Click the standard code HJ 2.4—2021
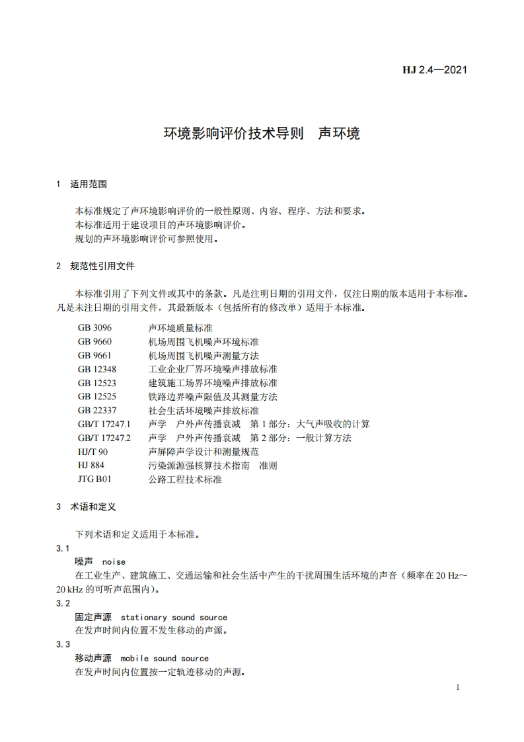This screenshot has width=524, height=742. click(x=434, y=69)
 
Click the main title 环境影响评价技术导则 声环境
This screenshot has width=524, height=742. click(x=262, y=133)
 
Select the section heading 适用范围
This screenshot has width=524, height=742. click(x=89, y=184)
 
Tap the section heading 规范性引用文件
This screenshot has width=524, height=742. click(x=102, y=266)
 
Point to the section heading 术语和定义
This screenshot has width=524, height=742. click(x=93, y=507)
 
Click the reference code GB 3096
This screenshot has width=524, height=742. click(x=94, y=328)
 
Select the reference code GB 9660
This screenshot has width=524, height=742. click(x=94, y=342)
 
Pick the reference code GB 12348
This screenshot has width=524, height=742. click(x=97, y=369)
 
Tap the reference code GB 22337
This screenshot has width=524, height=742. click(x=97, y=411)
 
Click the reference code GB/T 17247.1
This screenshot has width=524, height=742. click(x=104, y=424)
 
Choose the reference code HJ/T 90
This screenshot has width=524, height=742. click(x=92, y=452)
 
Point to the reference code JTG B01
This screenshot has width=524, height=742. click(x=94, y=479)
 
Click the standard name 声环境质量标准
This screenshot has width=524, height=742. click(x=180, y=328)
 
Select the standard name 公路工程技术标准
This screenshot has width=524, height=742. click(x=185, y=479)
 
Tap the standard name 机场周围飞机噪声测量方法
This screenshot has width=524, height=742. click(x=204, y=355)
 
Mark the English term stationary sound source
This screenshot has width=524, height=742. click(x=174, y=617)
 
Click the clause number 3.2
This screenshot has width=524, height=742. click(x=63, y=603)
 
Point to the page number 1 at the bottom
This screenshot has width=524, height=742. click(x=457, y=688)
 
